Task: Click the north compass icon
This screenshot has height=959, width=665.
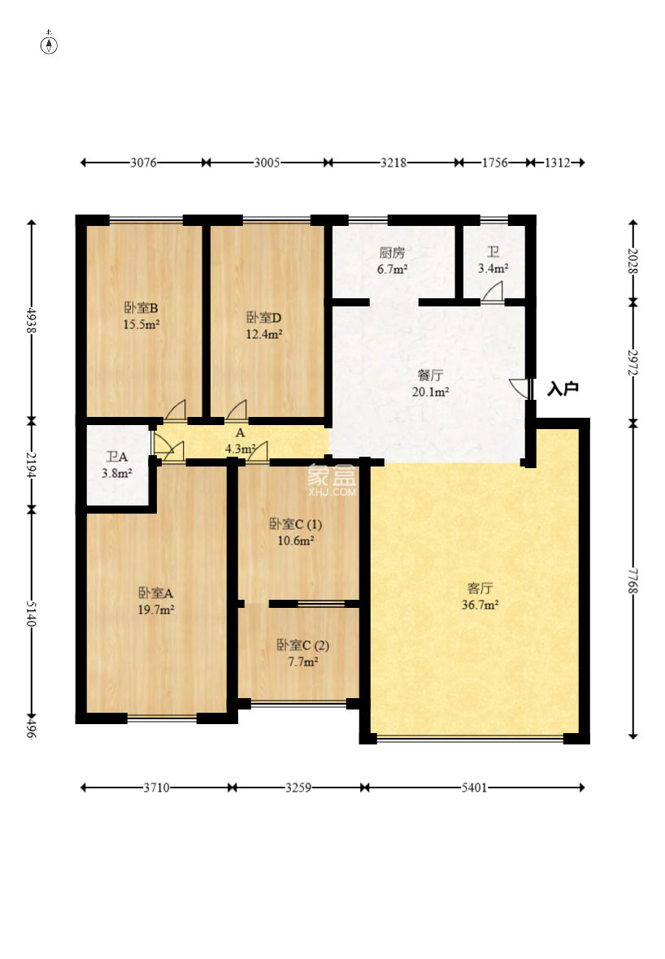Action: [x=49, y=45]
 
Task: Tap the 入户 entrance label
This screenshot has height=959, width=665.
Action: [x=563, y=388]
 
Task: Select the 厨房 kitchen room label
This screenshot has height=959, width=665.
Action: [x=392, y=253]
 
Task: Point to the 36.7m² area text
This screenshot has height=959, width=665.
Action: [x=480, y=605]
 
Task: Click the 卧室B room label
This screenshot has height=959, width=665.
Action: [x=141, y=308]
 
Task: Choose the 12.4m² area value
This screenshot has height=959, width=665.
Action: [x=263, y=334]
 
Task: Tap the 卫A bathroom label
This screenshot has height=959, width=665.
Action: [x=117, y=456]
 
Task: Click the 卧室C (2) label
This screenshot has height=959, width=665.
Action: [x=303, y=645]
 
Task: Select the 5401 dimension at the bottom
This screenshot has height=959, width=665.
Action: [x=474, y=788]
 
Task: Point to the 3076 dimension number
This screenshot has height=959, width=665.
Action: [x=143, y=163]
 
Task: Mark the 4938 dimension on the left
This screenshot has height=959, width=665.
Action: [x=31, y=319]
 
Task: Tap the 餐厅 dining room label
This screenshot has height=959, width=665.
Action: [x=431, y=375]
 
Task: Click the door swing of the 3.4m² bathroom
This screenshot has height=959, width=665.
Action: [x=493, y=292]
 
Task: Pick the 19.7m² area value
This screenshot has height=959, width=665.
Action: [x=156, y=610]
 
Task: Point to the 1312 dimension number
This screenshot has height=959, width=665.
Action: [x=558, y=163]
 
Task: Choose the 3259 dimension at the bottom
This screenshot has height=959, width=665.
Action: [x=298, y=788]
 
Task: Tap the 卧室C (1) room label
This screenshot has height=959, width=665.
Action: [x=295, y=524]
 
